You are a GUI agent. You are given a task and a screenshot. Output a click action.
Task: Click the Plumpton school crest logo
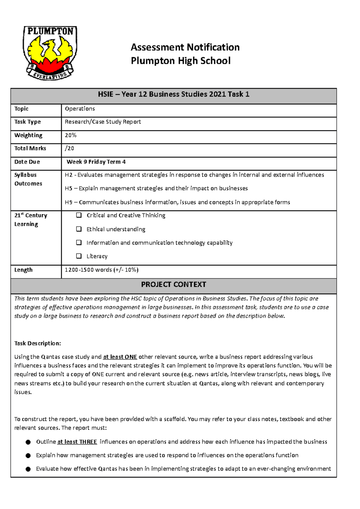(50, 53)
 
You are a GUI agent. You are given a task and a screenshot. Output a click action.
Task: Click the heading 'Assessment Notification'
(185, 47)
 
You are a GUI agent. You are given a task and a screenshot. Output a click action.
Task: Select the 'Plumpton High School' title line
(181, 61)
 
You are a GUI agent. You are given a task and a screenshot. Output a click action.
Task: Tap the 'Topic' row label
(21, 109)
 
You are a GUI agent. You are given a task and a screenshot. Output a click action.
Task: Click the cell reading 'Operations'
(80, 109)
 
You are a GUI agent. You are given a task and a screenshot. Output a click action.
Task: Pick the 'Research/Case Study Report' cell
(103, 122)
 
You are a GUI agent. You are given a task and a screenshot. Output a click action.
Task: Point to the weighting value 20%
(70, 135)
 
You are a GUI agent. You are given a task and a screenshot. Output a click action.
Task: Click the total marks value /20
(69, 148)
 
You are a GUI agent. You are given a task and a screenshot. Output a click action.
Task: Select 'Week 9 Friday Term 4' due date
(96, 162)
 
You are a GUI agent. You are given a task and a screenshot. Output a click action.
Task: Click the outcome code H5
(68, 189)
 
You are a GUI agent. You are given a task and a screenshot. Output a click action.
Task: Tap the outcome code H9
(68, 202)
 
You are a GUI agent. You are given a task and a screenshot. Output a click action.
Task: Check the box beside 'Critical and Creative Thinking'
(79, 215)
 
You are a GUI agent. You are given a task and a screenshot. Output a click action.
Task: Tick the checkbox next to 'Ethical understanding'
(79, 229)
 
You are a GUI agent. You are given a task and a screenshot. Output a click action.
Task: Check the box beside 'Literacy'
(79, 256)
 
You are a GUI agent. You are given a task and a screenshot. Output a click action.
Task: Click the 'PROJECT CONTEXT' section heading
(173, 284)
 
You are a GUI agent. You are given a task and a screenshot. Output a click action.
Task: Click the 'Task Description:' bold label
(37, 343)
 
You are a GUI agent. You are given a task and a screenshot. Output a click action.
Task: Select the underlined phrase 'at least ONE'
(120, 357)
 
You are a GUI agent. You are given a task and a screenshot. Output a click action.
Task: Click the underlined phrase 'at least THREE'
(77, 442)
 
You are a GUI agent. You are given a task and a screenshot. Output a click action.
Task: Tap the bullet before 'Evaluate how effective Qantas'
(28, 469)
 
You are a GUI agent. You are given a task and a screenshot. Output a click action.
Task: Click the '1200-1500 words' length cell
(101, 270)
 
